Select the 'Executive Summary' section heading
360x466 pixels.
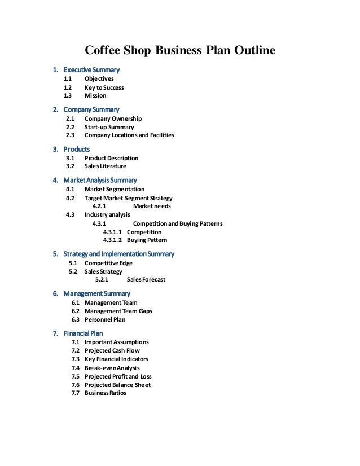91,70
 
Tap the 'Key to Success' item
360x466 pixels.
104,87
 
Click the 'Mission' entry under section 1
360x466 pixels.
95,96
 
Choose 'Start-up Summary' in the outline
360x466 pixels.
109,127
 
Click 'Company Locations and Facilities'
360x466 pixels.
129,135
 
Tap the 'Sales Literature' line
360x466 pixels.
105,166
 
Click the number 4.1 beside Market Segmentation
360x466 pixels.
71,189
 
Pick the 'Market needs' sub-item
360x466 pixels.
152,206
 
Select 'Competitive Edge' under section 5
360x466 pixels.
108,263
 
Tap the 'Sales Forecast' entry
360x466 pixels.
146,279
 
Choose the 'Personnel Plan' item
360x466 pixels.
105,319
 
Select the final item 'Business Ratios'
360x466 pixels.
106,393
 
